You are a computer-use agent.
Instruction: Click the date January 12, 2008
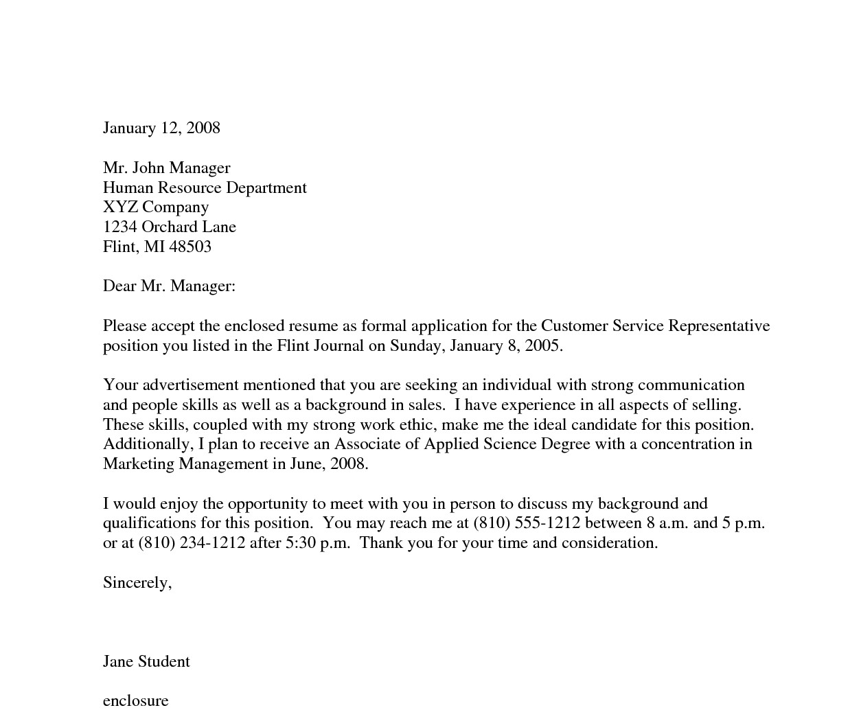(x=161, y=128)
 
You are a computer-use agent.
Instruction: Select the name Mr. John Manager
(x=166, y=168)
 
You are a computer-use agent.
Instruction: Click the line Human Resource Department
(x=205, y=188)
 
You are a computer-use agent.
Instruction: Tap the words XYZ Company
(x=156, y=207)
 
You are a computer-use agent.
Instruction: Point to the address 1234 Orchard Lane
(x=170, y=227)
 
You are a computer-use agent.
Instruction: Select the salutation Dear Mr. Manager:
(x=169, y=286)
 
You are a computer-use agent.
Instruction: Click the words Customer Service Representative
(x=655, y=326)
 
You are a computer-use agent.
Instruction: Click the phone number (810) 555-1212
(x=527, y=523)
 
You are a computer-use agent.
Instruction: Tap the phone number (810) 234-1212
(x=192, y=543)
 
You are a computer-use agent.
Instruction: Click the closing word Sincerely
(x=135, y=583)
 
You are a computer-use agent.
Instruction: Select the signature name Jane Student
(x=146, y=662)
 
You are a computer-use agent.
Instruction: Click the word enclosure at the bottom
(x=135, y=701)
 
